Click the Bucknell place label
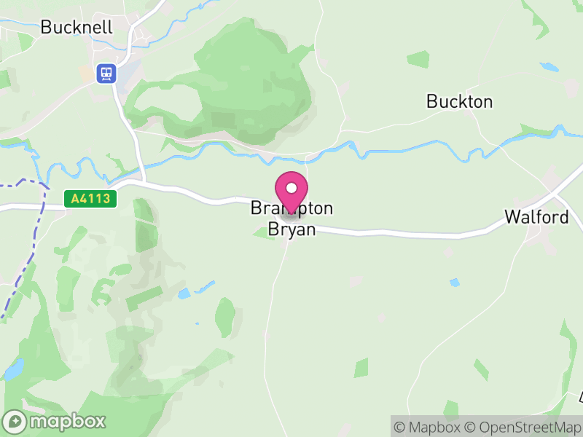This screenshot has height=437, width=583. [77, 27]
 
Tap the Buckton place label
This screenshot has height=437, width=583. [459, 101]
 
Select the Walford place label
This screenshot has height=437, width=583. [536, 217]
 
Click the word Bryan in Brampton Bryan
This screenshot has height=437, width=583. [291, 229]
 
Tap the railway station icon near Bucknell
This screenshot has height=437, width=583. [106, 73]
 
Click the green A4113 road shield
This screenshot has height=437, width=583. [90, 199]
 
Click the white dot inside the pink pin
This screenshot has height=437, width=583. [291, 188]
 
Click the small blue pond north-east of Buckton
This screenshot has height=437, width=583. [549, 68]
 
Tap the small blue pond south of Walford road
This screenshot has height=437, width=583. [455, 282]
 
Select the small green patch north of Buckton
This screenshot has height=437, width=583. [418, 59]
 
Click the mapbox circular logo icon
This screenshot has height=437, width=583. [15, 421]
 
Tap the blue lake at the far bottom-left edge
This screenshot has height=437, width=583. [13, 370]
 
